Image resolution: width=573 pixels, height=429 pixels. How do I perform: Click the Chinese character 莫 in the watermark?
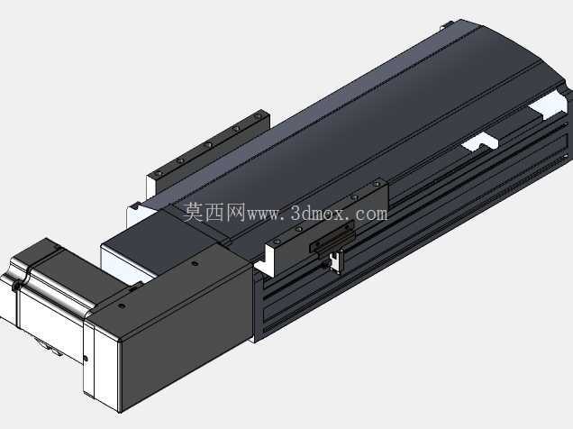193,213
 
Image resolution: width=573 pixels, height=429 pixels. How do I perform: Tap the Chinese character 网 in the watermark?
234,213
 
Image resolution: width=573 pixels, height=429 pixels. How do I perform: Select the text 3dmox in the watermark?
317,214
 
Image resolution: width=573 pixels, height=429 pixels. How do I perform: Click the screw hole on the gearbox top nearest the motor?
122,306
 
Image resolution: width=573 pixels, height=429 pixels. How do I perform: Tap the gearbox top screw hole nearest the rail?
196,264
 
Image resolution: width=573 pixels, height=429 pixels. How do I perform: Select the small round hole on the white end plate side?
86,359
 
